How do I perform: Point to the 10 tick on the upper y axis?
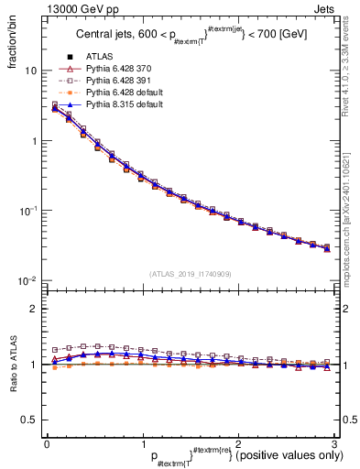tap(31, 71)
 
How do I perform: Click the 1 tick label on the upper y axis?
tap(34, 141)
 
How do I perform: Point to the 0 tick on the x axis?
tap(46, 444)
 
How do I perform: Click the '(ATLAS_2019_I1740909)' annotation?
tap(189, 274)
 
